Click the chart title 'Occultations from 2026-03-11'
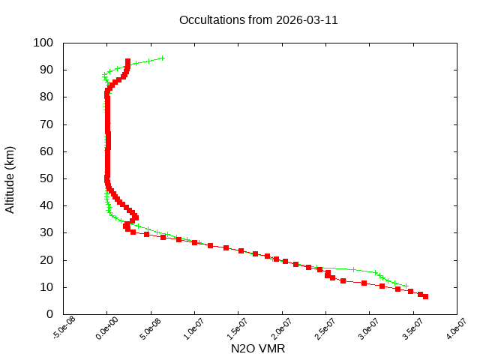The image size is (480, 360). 258,20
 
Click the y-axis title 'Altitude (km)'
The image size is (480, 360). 10,178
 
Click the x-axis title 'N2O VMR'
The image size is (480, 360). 258,349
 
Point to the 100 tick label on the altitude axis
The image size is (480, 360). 43,43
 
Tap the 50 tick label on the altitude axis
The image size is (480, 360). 46,178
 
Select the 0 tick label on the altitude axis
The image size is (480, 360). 49,314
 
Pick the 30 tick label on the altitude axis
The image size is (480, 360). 46,232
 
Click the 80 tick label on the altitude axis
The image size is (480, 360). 46,97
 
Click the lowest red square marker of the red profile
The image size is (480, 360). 425,297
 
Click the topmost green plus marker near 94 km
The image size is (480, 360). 162,58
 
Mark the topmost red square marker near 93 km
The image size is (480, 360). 128,61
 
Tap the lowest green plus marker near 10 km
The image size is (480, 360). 406,286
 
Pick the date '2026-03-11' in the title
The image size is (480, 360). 308,20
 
